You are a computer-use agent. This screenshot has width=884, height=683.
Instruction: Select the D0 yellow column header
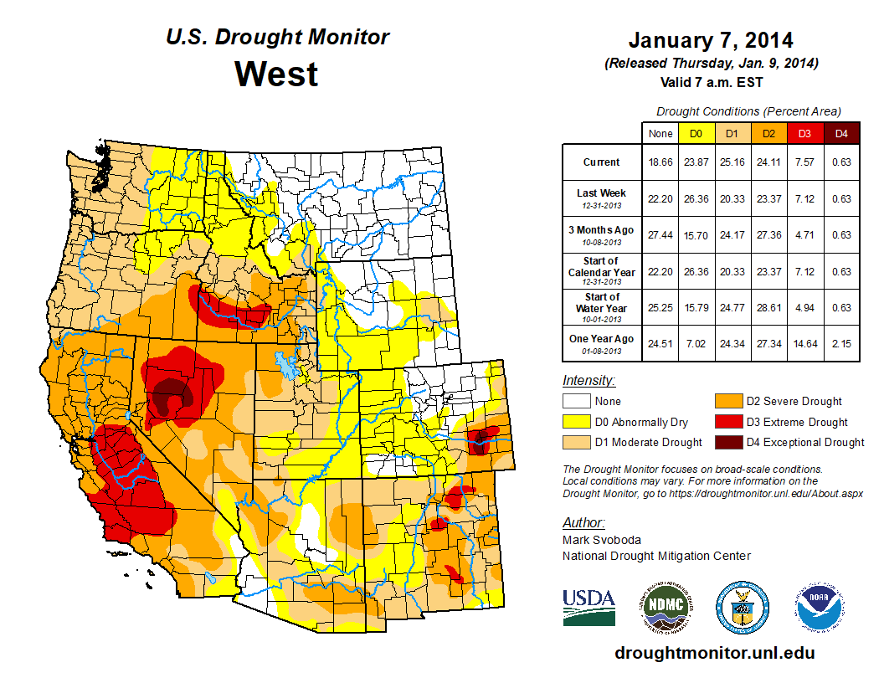(x=695, y=133)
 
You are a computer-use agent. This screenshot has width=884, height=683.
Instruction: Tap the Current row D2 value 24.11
(x=768, y=162)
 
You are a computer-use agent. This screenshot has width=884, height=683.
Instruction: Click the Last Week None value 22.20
(x=660, y=198)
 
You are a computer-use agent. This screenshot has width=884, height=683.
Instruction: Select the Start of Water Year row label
(x=601, y=307)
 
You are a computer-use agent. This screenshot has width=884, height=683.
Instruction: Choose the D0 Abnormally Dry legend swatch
(x=575, y=422)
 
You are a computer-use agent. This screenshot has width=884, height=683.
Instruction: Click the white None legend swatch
(x=575, y=402)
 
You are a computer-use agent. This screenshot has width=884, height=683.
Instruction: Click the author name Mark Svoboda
(x=598, y=541)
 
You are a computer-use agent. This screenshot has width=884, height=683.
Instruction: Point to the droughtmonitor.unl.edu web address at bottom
(x=714, y=653)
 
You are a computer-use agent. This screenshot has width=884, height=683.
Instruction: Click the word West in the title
(x=276, y=74)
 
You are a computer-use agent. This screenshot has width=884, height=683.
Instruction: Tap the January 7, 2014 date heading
(x=710, y=40)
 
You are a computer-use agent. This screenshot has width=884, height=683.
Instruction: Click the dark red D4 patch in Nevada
(x=172, y=391)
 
